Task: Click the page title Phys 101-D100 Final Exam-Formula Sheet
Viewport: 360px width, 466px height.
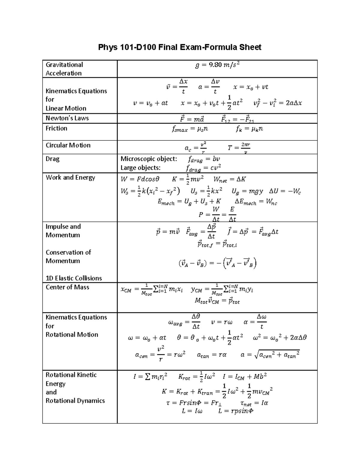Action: pyautogui.click(x=180, y=47)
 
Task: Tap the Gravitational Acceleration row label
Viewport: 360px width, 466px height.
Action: pyautogui.click(x=64, y=69)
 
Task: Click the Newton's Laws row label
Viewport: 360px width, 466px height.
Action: pyautogui.click(x=67, y=118)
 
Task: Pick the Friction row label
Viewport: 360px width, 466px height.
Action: pyautogui.click(x=56, y=128)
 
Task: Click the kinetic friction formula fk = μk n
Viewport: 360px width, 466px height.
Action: pyautogui.click(x=249, y=129)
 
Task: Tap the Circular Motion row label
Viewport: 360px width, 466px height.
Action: pyautogui.click(x=68, y=145)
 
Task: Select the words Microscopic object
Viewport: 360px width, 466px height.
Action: pyautogui.click(x=148, y=159)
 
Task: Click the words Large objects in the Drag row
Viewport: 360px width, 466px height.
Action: pyautogui.click(x=140, y=167)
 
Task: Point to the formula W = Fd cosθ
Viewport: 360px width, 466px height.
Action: pyautogui.click(x=140, y=179)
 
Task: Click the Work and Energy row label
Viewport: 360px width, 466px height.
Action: pyautogui.click(x=70, y=178)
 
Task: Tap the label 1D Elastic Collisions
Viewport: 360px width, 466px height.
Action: pyautogui.click(x=74, y=278)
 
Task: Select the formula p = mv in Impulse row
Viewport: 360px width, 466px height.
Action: pyautogui.click(x=168, y=232)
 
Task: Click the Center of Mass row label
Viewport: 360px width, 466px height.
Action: pyautogui.click(x=67, y=287)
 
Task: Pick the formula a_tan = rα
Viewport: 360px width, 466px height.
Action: pyautogui.click(x=211, y=355)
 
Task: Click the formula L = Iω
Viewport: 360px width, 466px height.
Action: pyautogui.click(x=192, y=411)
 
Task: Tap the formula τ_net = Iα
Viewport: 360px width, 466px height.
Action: pyautogui.click(x=254, y=403)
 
